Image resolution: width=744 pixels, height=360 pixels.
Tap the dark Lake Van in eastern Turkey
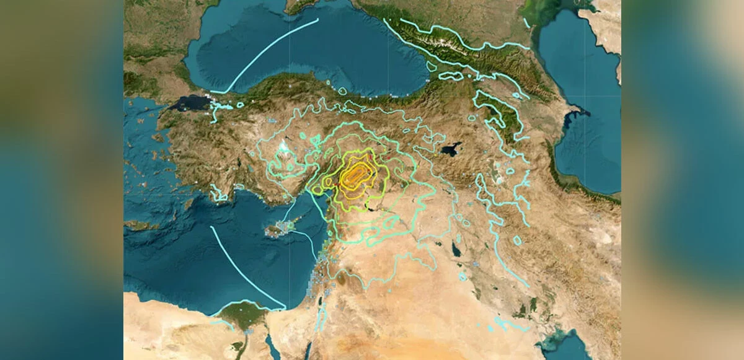point(451,149)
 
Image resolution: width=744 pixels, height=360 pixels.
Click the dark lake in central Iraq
point(456,250)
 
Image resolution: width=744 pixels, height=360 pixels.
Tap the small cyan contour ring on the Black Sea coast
point(342,91)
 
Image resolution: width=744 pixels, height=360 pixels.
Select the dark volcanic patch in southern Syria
point(340,282)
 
